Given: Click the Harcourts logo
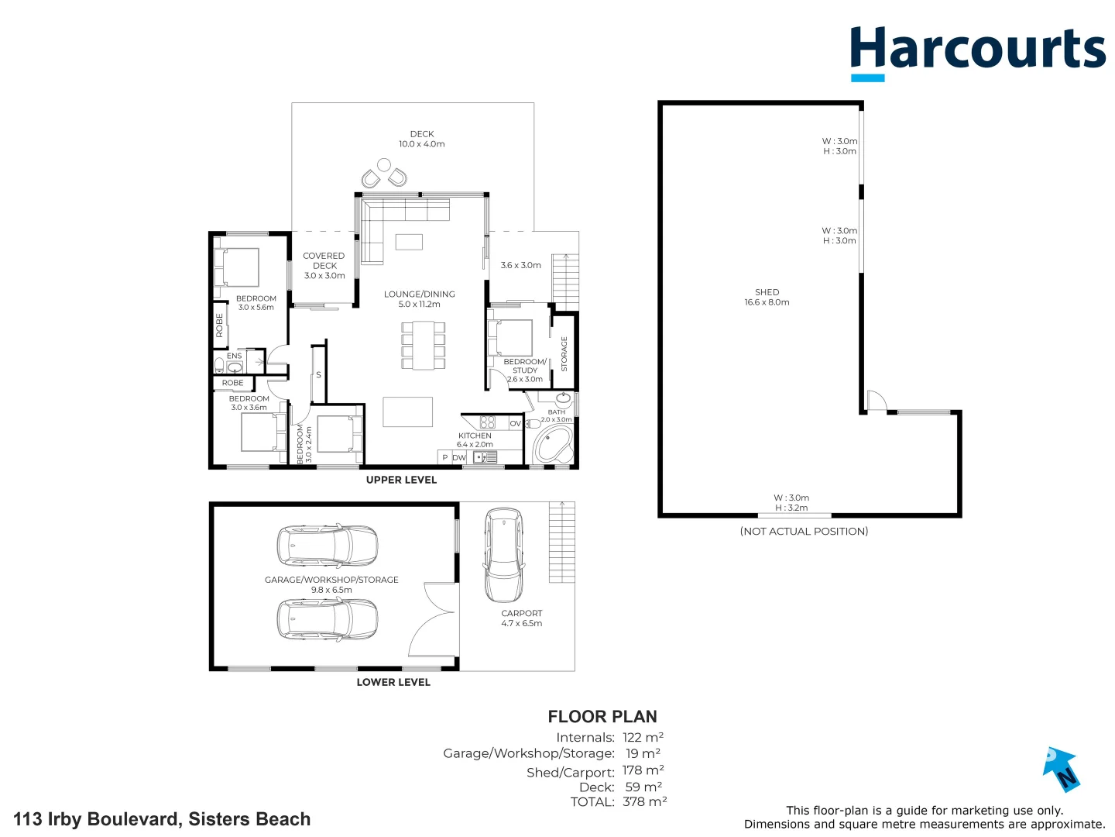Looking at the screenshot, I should coord(977,52).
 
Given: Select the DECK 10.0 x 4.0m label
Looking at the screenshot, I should coord(421,139).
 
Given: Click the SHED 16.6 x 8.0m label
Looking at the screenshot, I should coord(767,298).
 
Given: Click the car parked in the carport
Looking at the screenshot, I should coord(503,554).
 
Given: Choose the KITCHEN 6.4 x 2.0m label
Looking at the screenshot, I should coord(475,440).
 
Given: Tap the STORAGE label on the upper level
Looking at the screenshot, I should coord(564,353).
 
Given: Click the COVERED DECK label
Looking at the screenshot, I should coord(324,265).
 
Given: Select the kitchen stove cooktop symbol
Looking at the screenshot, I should coord(488,422).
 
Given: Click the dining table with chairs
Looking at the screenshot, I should coord(423,345).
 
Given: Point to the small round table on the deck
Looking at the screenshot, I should coord(383,165).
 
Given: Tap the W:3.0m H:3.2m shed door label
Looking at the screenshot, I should coord(791,503).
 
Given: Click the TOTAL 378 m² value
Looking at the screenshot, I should coord(644,802).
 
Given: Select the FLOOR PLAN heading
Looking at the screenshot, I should coord(602,717).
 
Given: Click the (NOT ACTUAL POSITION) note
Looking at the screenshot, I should coord(804,532).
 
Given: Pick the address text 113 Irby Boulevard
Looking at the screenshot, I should coord(162,819).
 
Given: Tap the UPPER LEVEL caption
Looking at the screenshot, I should coord(401,480).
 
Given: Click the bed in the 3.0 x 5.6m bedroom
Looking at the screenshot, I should coord(237,267).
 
